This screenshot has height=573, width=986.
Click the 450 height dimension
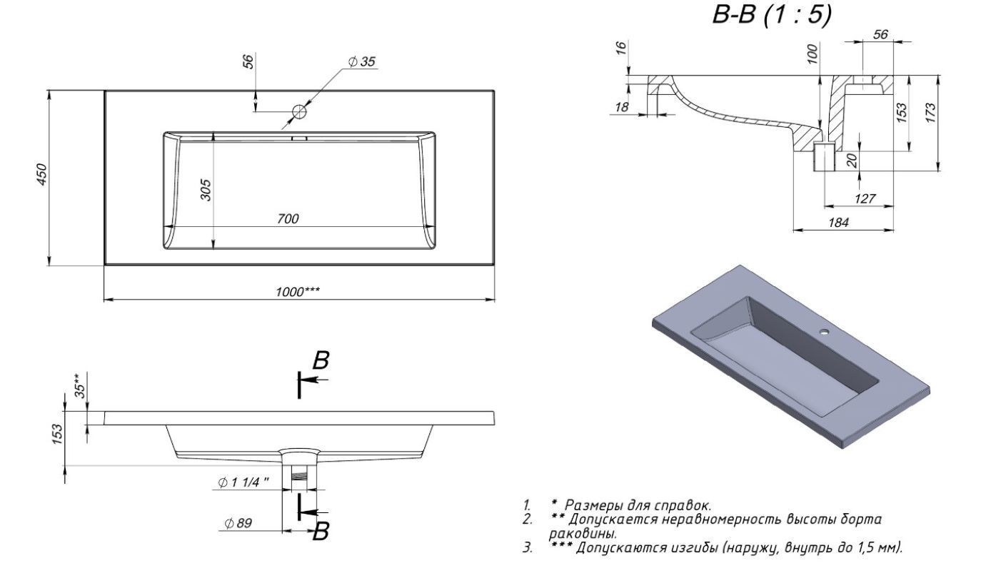coord(42,174)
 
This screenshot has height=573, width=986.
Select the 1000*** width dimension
coord(298,291)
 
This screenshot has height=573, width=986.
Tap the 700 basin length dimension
coord(288,218)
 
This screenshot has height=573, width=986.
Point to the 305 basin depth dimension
coord(205,190)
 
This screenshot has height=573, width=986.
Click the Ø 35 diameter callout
coord(361,62)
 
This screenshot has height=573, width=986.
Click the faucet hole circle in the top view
coord(299,112)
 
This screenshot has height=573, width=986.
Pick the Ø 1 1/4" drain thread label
coord(244,482)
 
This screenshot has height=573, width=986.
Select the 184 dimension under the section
coord(838,223)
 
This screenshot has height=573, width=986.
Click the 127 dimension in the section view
coord(865,198)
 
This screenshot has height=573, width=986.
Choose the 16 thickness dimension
coord(620,49)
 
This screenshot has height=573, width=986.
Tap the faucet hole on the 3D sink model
coord(825,332)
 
